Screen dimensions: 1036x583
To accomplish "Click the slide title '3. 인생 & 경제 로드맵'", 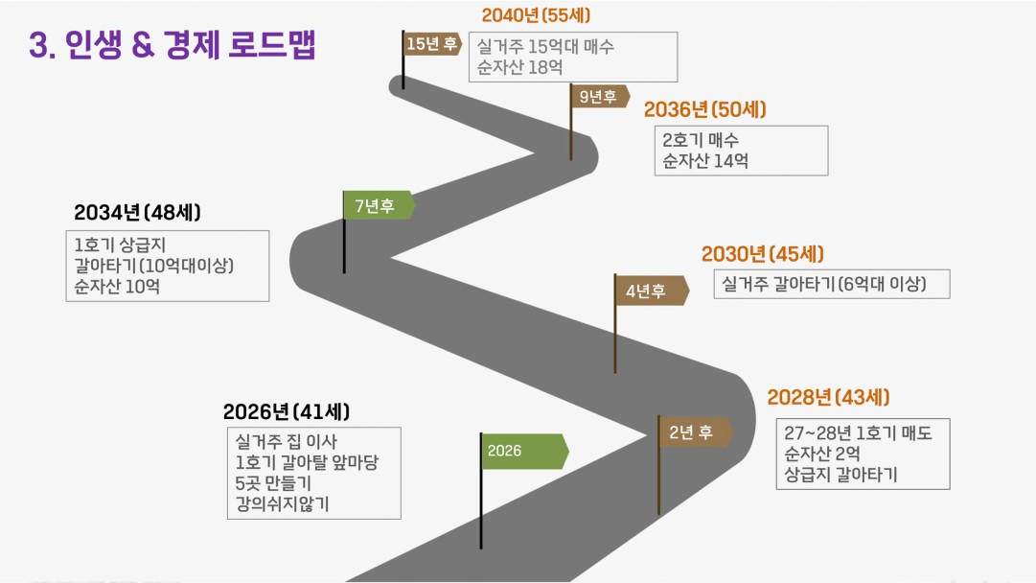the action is tap(173, 45).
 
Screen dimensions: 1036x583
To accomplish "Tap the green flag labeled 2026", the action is tap(524, 452).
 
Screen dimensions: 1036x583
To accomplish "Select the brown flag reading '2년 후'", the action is tap(695, 432).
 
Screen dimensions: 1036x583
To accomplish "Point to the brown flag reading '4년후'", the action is tap(652, 291).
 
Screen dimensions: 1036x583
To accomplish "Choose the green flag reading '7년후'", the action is tap(379, 205).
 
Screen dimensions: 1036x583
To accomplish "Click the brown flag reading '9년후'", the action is tap(600, 97).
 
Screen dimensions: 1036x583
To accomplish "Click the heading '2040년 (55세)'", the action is tap(536, 15).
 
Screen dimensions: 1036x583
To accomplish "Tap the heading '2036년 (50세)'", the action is tap(705, 109).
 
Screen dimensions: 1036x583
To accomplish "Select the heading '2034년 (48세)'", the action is tap(137, 213).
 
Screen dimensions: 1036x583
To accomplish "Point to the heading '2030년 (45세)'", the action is tap(763, 254).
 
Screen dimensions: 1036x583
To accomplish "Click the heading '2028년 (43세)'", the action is tap(829, 397).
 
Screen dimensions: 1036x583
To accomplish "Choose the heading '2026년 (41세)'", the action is tap(287, 411).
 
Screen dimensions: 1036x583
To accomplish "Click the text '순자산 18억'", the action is tap(520, 67).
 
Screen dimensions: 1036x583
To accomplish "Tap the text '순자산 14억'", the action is tap(705, 161).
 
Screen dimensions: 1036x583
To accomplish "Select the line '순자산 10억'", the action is tap(117, 287).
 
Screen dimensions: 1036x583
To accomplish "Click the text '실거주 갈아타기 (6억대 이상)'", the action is tap(824, 284).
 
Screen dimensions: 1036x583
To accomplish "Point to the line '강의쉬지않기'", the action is tap(282, 504).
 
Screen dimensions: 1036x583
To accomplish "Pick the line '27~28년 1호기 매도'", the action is tap(859, 433).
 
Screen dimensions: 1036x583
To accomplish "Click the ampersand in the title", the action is tap(143, 46).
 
